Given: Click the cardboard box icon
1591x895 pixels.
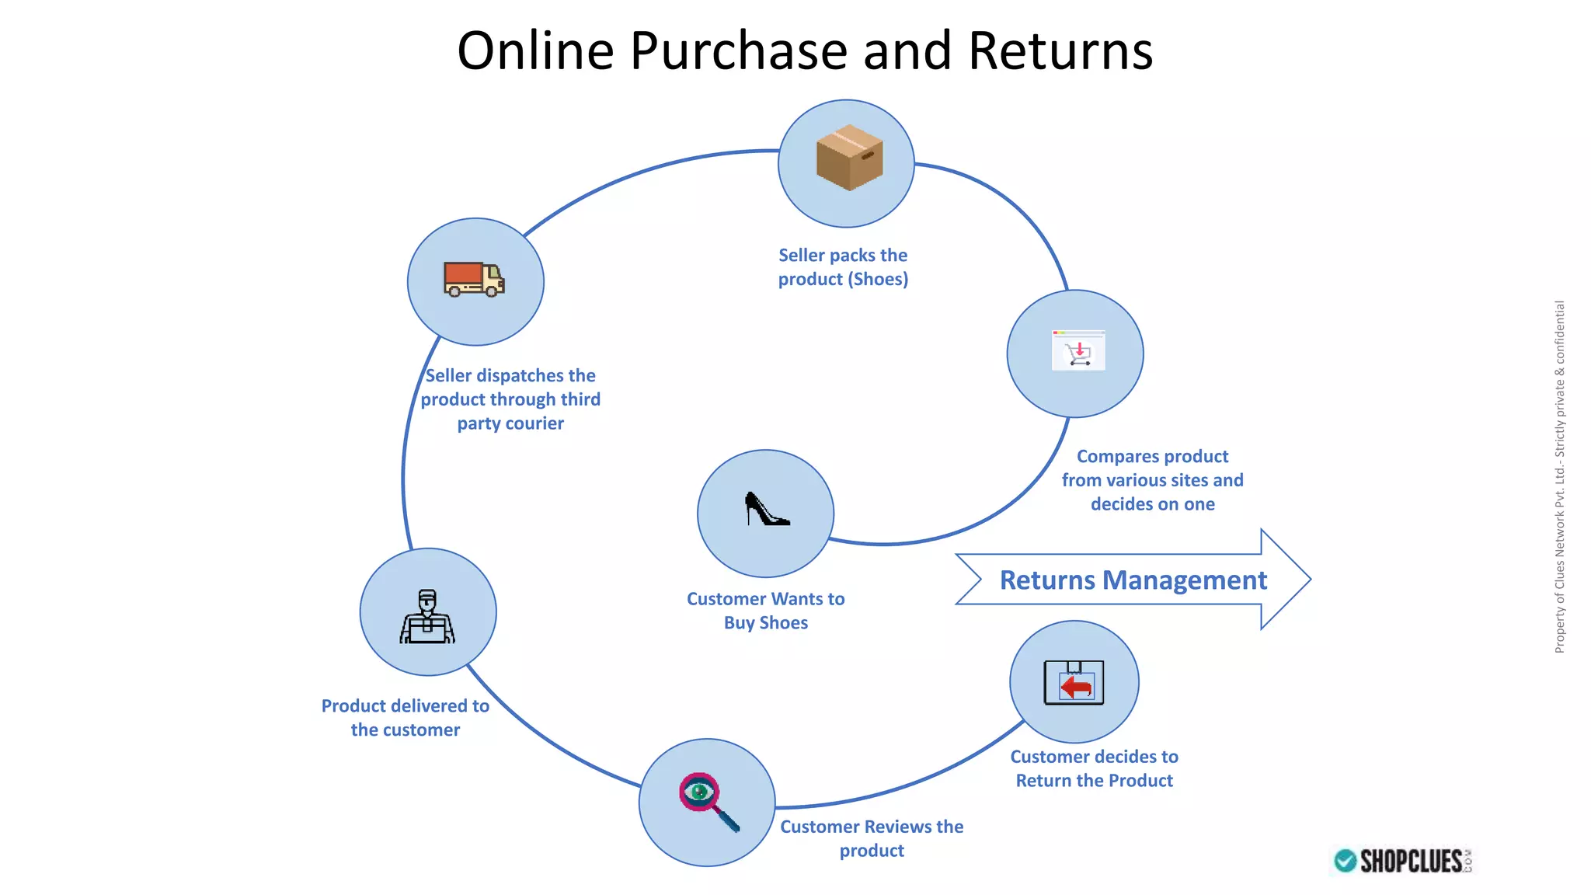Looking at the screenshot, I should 849,158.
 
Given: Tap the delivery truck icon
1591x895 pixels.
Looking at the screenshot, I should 474,280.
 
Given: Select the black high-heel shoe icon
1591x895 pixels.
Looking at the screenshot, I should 766,510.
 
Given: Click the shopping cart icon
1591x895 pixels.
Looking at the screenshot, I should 1078,351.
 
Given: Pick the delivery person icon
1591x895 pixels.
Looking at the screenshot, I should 427,617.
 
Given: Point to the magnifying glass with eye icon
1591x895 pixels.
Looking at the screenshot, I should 708,801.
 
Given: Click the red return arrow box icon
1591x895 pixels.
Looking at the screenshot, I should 1074,683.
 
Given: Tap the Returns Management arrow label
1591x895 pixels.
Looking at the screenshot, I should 1133,580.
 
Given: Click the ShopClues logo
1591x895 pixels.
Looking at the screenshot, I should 1403,861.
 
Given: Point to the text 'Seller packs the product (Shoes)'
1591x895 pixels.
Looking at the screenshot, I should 843,267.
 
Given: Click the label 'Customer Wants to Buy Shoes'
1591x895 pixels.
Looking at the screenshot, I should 766,611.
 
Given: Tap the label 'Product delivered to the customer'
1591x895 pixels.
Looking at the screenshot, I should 406,718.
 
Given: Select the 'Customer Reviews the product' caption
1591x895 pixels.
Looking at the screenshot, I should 872,838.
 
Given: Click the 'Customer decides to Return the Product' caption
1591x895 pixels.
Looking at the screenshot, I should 1094,768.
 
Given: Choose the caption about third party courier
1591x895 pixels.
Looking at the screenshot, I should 510,399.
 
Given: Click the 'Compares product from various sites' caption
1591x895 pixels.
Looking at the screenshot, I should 1153,480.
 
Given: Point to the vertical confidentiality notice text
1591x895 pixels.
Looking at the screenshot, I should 1559,477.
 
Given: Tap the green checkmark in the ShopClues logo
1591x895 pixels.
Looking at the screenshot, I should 1346,861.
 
